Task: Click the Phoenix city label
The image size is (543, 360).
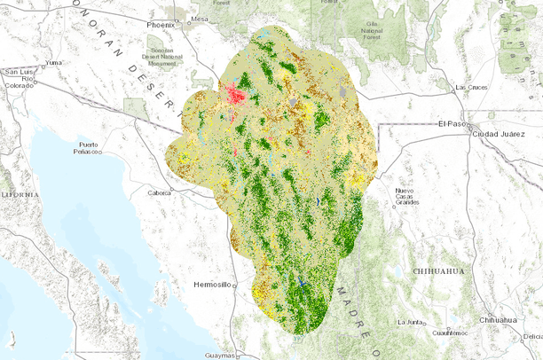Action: coord(161,25)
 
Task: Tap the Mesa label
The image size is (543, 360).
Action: coord(200,19)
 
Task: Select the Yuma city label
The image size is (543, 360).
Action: coord(55,63)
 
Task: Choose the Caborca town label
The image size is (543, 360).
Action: coord(160,192)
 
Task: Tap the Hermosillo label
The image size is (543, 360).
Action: coord(211,285)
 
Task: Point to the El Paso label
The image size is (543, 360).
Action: coord(453,124)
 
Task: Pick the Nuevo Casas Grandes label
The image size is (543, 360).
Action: coord(405,196)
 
